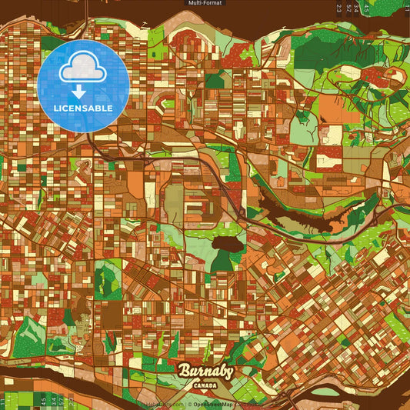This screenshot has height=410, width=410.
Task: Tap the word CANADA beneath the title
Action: coord(205,385)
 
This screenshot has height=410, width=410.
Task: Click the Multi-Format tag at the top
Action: coord(205,3)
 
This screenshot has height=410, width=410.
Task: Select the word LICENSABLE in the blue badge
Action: coord(83,108)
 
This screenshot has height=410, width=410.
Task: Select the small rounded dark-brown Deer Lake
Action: coord(225,245)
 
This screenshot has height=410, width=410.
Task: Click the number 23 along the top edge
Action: coord(338,8)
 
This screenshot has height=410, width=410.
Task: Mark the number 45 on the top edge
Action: coord(366,8)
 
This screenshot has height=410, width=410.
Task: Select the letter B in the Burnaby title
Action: coord(185,372)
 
